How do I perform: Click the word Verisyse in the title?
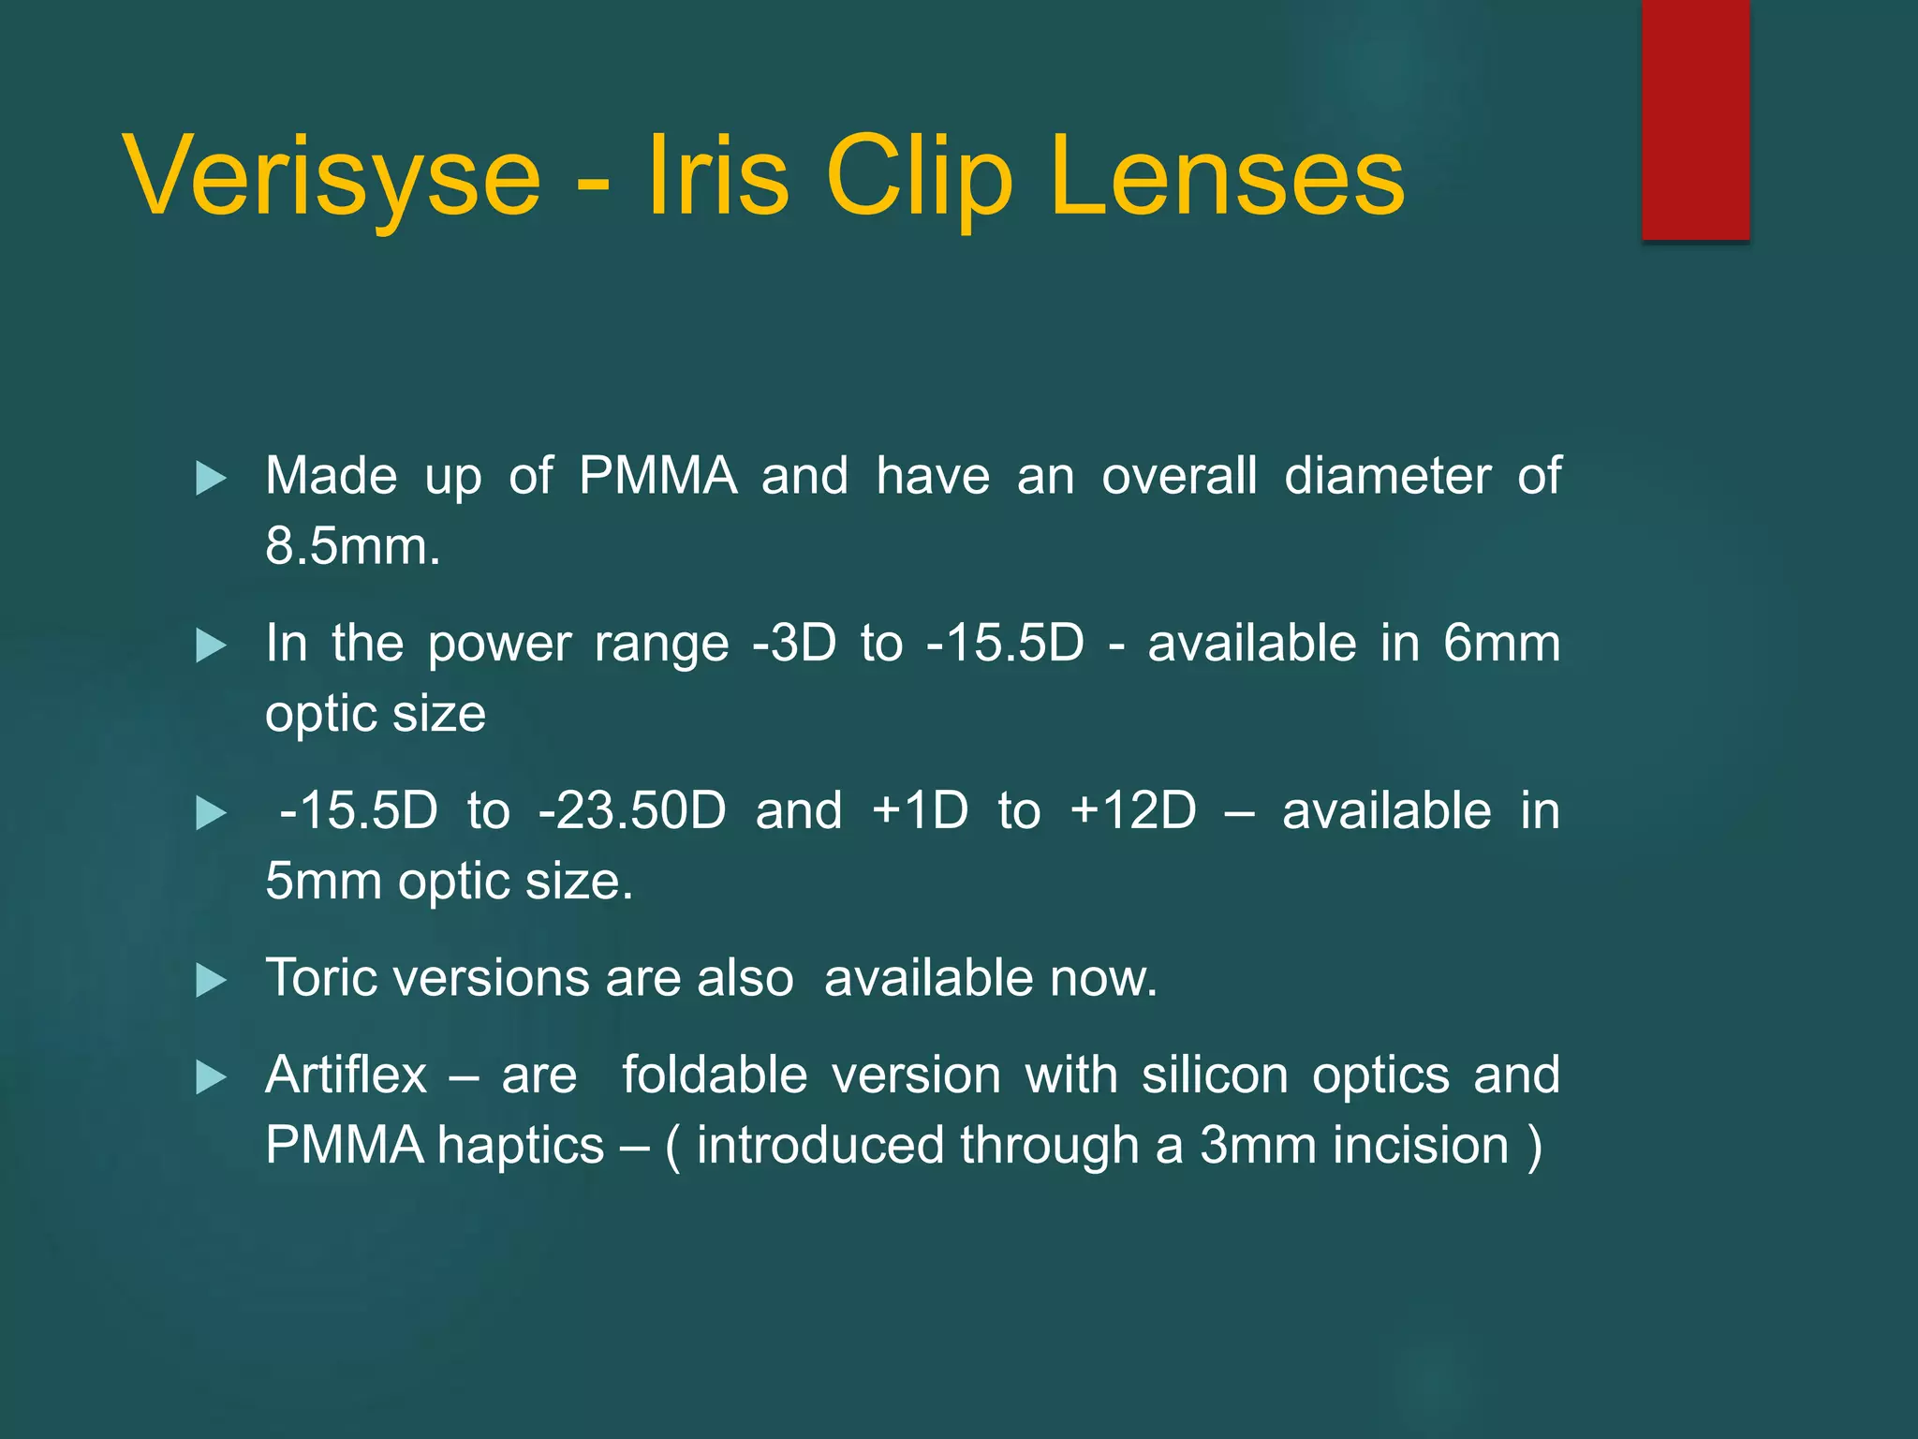point(332,176)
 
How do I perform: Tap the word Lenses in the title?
point(1227,176)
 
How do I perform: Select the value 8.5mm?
point(352,545)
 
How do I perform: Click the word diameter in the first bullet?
point(1387,476)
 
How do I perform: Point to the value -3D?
point(794,644)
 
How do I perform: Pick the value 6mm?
point(1501,644)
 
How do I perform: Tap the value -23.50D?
point(632,810)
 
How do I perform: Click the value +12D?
point(1133,810)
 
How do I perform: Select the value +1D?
point(920,810)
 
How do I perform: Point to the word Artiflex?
point(346,1075)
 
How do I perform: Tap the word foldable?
point(715,1075)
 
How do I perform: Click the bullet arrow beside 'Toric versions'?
point(211,981)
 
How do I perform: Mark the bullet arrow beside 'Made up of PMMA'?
point(211,479)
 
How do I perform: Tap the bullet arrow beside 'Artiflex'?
point(211,1077)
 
